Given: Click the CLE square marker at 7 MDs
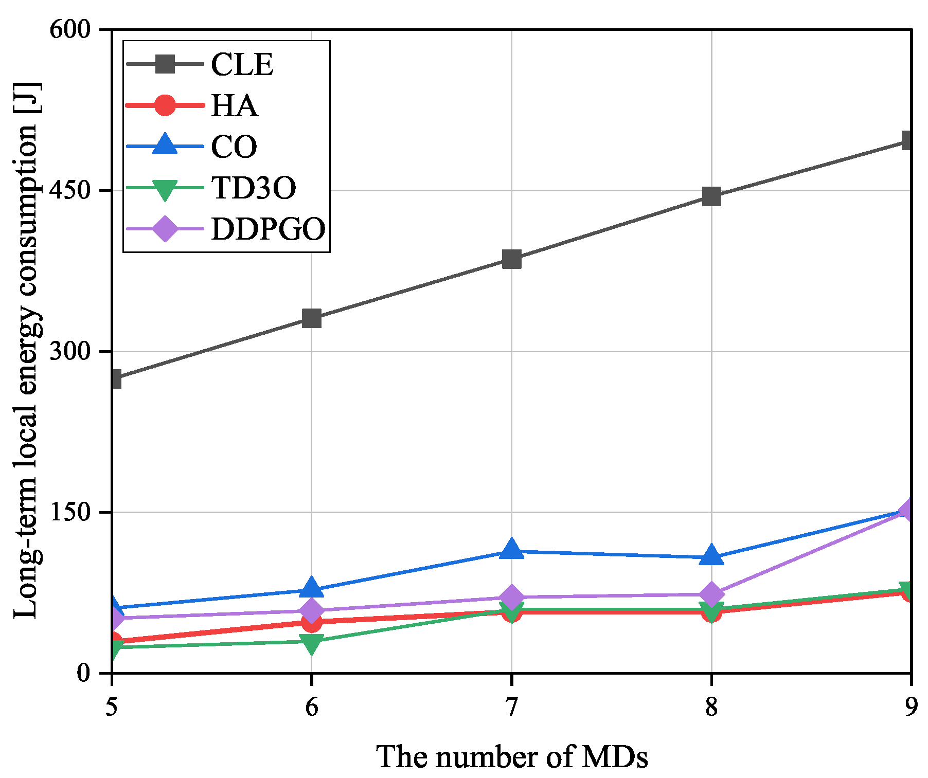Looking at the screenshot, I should coord(511,260).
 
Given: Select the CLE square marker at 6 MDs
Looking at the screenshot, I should coord(312,318).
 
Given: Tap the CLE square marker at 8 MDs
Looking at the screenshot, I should coord(711,196).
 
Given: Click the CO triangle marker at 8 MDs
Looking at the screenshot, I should coord(711,556).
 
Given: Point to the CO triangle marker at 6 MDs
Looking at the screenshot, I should coord(312,588).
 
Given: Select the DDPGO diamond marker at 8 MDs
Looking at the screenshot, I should coord(711,594).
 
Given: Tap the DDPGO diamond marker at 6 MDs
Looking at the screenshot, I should coord(312,611).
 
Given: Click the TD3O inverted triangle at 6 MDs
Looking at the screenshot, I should coord(312,643).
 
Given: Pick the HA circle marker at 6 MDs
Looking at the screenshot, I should coord(312,623).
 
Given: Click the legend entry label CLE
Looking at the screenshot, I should coord(242,65).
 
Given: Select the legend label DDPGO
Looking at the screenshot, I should coord(268,229).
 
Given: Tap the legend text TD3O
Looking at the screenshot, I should coord(254,188).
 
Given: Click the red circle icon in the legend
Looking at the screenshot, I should coord(165,105).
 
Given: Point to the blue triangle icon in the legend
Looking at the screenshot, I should coord(165,146).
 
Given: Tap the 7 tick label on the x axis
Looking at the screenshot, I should coord(511,708).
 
